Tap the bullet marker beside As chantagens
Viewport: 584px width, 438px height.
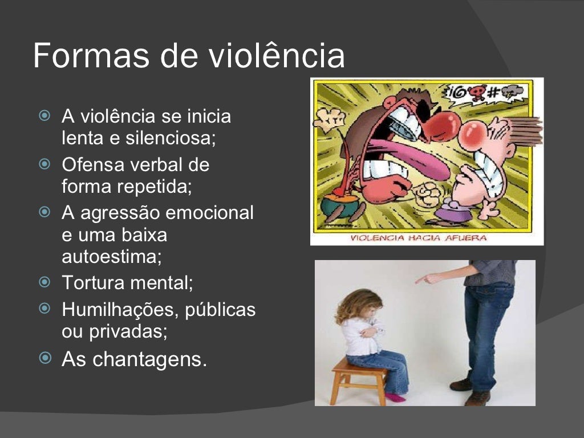click(44, 358)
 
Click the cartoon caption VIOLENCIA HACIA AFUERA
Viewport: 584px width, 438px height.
click(418, 238)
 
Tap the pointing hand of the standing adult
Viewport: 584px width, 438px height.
click(424, 279)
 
